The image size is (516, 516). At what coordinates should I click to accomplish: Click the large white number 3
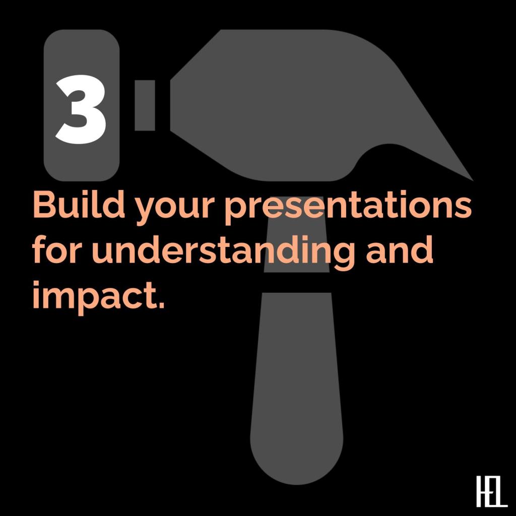click(x=81, y=109)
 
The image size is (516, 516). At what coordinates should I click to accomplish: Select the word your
click(x=173, y=209)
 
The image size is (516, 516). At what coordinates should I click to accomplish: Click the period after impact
click(x=161, y=305)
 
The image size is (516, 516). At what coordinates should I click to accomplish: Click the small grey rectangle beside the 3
click(x=145, y=105)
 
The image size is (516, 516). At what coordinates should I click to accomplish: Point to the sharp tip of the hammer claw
click(x=473, y=180)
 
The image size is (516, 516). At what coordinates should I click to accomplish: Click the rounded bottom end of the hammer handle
click(x=297, y=479)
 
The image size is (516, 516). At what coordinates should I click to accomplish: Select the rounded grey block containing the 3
click(x=82, y=105)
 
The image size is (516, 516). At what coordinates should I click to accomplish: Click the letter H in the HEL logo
click(x=482, y=491)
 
